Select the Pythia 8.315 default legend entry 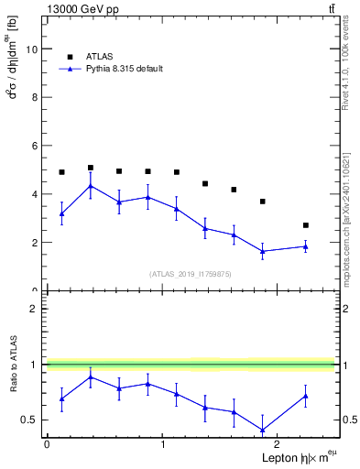coord(118,69)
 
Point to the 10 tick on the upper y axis coord(36,49)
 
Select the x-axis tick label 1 coord(162,444)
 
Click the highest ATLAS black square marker coord(90,168)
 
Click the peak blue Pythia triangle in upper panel coord(90,186)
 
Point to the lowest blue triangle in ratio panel coord(262,430)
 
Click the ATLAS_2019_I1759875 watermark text coord(190,273)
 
